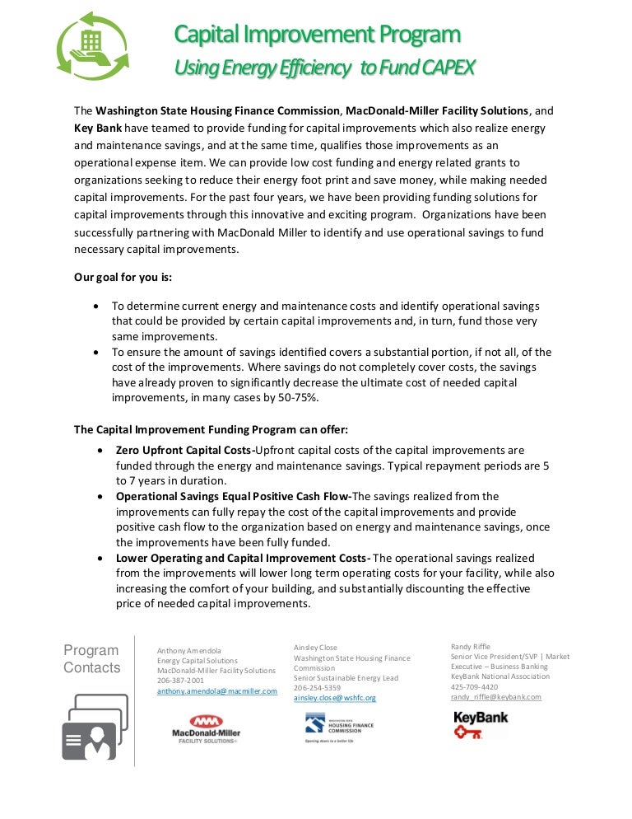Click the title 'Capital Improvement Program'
[317, 35]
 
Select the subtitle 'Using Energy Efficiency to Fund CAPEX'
[324, 68]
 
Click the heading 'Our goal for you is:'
[123, 277]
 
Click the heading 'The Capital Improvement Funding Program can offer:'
[211, 429]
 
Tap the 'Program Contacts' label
[91, 659]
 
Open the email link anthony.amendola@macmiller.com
[217, 692]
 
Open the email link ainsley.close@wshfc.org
[335, 698]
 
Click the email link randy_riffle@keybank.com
[496, 696]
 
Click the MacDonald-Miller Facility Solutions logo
[205, 727]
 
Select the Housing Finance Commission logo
[338, 727]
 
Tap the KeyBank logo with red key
[481, 723]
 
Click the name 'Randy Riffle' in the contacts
[470, 647]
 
